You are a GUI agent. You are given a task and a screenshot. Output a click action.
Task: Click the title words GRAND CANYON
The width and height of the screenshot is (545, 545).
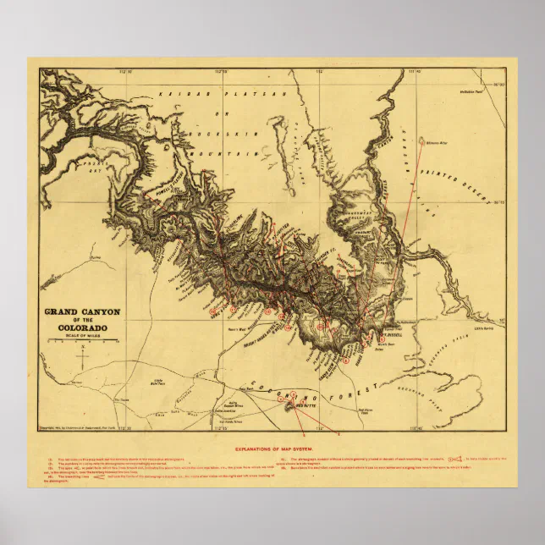point(81,311)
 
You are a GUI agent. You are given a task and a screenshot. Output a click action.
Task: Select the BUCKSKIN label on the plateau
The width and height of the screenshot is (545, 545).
point(223,134)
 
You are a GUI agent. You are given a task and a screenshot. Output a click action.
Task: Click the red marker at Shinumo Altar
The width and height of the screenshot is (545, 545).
point(422,142)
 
